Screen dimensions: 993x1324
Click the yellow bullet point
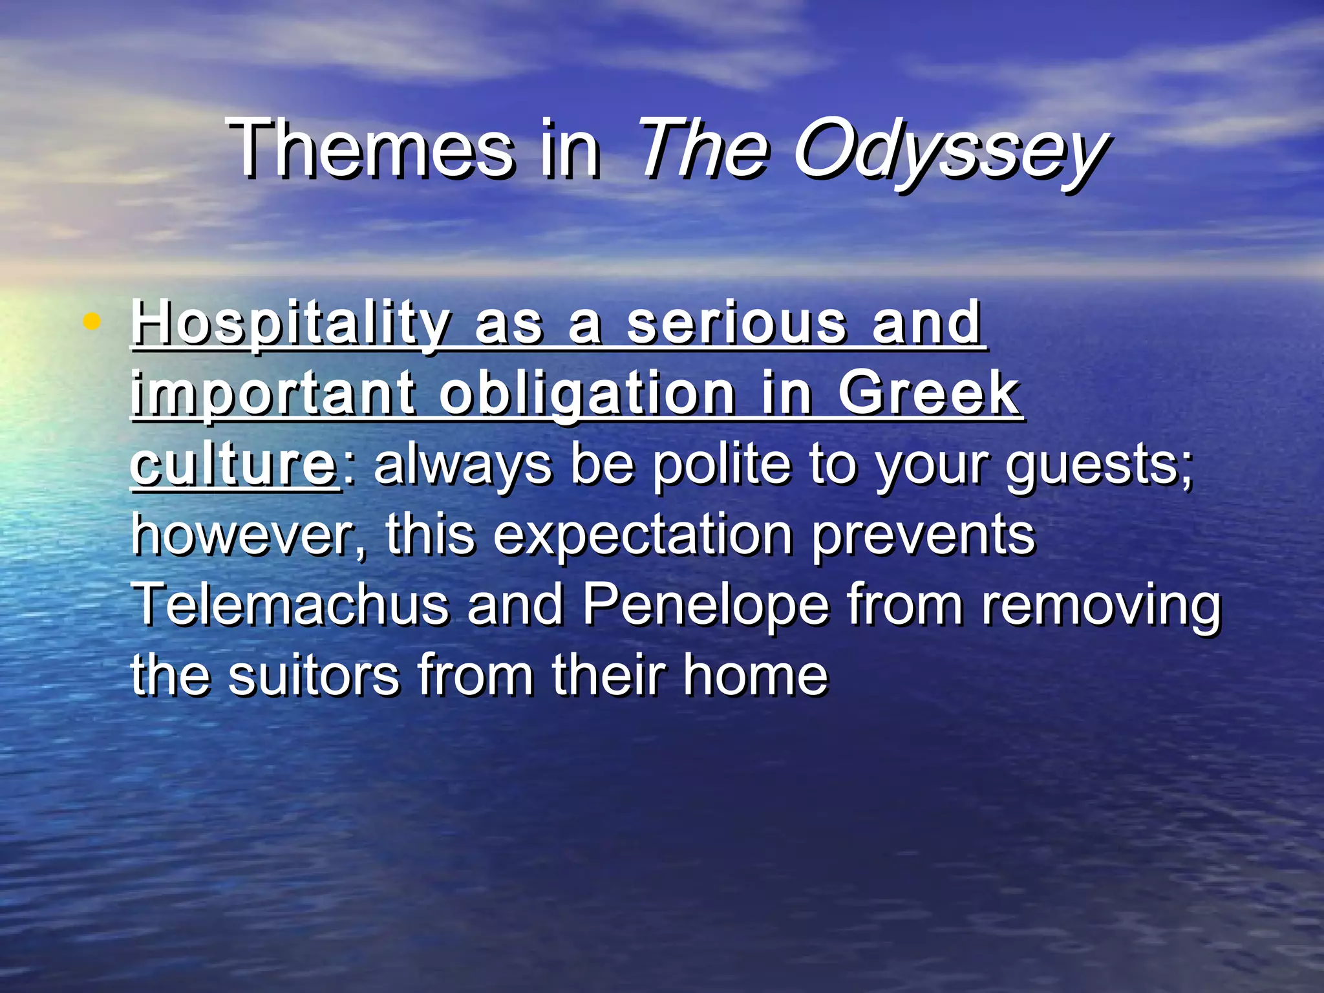(x=92, y=321)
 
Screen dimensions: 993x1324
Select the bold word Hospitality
(x=291, y=323)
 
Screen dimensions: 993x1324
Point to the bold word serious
(x=736, y=323)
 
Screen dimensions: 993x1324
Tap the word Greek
(x=929, y=394)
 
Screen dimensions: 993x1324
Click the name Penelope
(x=705, y=606)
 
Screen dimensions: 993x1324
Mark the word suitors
(x=314, y=676)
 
